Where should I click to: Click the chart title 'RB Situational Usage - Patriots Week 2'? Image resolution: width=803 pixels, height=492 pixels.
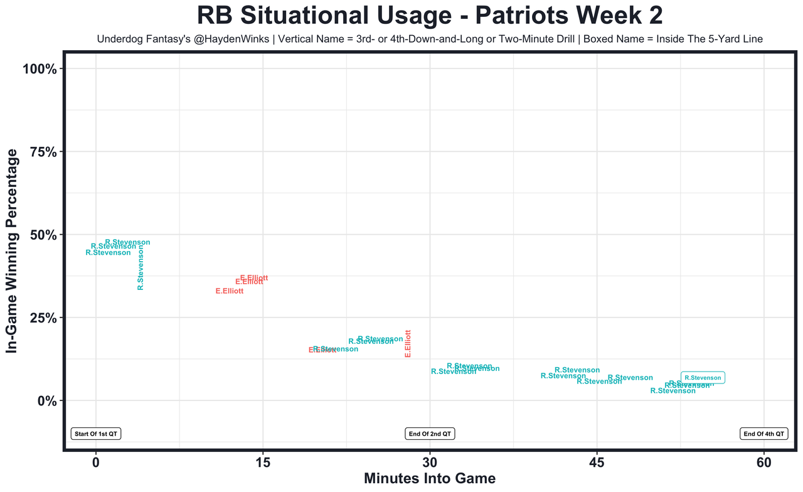coord(430,16)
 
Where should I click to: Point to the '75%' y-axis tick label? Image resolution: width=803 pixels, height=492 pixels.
coord(43,152)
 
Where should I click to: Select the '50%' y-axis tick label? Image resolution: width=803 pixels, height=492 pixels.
coord(43,235)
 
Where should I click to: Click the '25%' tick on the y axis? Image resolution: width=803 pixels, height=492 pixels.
coord(43,318)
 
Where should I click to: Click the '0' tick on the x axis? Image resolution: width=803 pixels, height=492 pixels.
coord(96,463)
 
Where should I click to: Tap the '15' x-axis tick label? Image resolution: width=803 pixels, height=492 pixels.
coord(263,463)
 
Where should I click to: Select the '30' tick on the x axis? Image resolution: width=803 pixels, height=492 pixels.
coord(430,463)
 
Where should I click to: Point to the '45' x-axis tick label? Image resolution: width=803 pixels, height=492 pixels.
coord(597,463)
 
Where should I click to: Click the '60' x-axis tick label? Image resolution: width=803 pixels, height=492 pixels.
coord(764,463)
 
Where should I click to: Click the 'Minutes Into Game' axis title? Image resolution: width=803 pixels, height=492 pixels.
coord(430,479)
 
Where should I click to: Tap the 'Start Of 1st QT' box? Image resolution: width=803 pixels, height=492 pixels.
coord(96,434)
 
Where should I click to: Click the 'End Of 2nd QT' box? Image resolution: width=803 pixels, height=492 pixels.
coord(430,434)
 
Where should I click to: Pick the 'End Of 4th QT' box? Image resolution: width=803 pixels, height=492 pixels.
coord(764,434)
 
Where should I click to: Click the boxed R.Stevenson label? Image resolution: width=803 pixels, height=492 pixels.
coord(703,378)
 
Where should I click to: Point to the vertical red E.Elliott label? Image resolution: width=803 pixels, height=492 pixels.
coord(408,344)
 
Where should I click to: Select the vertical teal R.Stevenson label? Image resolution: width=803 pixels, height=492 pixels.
coord(141,267)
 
